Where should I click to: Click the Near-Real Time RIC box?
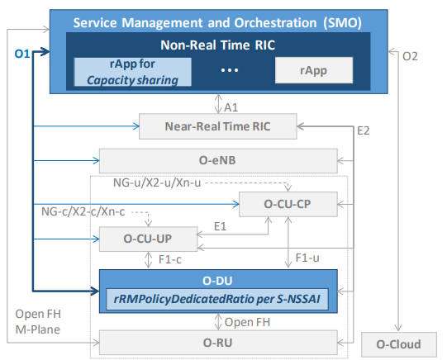coord(218,126)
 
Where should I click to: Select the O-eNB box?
coord(218,161)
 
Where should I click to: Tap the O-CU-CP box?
coord(288,204)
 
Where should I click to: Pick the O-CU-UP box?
coord(148,239)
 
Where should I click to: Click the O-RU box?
coord(218,343)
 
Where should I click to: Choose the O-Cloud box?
coord(399,344)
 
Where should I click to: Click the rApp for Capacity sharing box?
coord(132,72)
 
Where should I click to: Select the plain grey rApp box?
coord(314,70)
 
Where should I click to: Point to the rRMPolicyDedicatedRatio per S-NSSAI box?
coord(217,299)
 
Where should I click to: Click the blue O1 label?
coord(22,54)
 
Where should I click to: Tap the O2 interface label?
coord(410,56)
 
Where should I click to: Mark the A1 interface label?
coord(231,107)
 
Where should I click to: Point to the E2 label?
coord(364,130)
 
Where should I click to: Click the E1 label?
coord(220,226)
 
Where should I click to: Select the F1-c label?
coord(170,259)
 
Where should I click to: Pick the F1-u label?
coord(307,258)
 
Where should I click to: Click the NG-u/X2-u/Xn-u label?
coord(157,182)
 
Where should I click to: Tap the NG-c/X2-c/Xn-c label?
coord(83,211)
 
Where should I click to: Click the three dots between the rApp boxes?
coord(230,70)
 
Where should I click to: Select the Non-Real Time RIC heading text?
coord(218,45)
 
